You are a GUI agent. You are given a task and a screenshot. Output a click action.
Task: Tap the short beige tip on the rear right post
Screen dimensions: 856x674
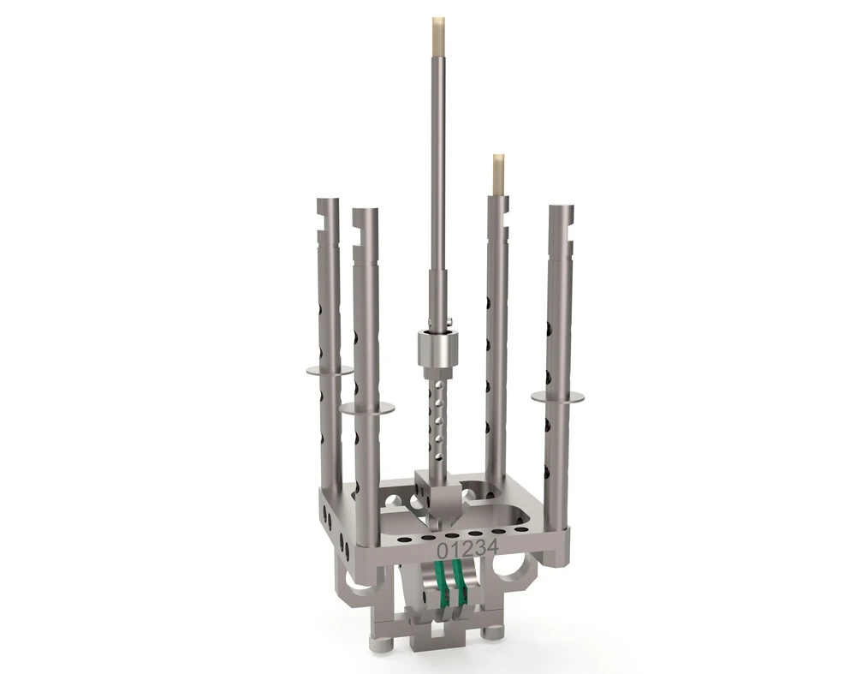(498, 174)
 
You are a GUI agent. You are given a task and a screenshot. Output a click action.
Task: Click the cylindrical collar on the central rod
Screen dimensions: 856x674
(436, 349)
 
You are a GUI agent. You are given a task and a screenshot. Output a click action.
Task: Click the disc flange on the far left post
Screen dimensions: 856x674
(329, 371)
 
